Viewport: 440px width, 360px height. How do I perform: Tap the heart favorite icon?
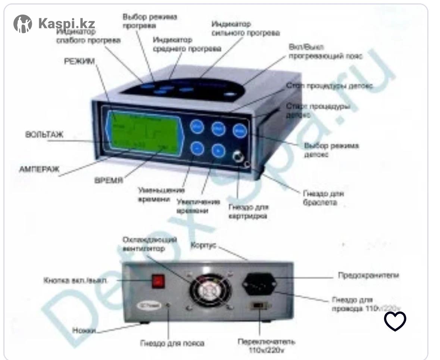[x=395, y=321]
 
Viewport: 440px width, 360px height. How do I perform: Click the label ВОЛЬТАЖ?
[x=44, y=135]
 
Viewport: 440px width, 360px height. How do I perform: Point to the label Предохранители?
[x=368, y=276]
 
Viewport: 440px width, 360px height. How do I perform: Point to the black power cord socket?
[x=260, y=283]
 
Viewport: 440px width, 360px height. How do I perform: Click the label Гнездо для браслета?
[x=323, y=198]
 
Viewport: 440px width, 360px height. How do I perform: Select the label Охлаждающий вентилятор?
[x=149, y=243]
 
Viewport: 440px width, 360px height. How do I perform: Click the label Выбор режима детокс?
[x=331, y=150]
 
